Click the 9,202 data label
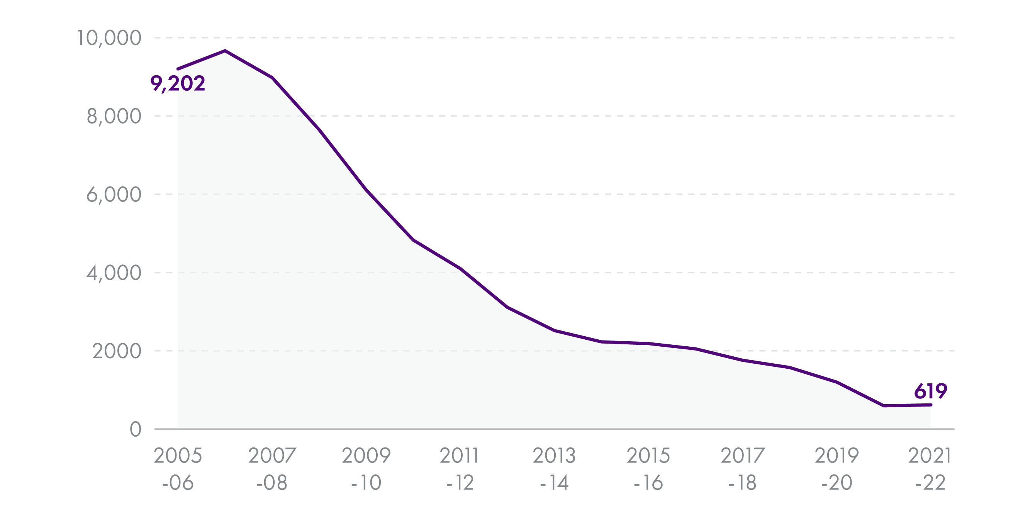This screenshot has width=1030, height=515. (x=178, y=83)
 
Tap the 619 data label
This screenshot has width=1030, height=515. (x=930, y=391)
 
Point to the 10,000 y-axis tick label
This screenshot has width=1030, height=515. (x=109, y=38)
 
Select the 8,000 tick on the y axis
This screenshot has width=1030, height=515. (x=114, y=116)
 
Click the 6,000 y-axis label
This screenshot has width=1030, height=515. (x=114, y=195)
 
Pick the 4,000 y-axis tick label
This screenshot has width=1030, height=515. (x=114, y=273)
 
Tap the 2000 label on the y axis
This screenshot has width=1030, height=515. (x=117, y=351)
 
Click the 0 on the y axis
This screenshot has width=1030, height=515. (x=136, y=429)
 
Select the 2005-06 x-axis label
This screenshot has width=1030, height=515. (x=178, y=469)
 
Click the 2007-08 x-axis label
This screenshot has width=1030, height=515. (x=272, y=469)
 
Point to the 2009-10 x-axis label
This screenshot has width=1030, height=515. (x=366, y=469)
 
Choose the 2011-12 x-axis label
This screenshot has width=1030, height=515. (x=460, y=469)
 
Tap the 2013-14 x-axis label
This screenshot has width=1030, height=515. (x=554, y=469)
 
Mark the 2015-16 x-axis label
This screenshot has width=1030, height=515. (x=648, y=469)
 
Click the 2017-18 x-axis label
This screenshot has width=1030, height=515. (x=743, y=469)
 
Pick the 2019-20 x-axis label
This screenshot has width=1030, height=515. (x=837, y=469)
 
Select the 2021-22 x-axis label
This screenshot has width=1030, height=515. (x=930, y=469)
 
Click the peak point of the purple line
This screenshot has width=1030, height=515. (x=225, y=51)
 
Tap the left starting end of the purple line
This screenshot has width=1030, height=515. (x=178, y=69)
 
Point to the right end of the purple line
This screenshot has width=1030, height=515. (x=931, y=405)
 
